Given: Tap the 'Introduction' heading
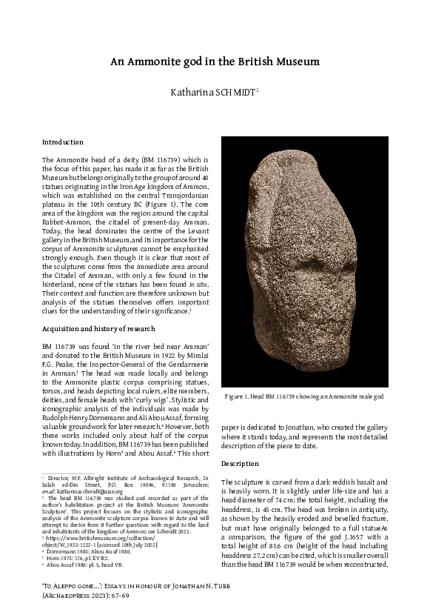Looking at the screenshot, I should tap(63, 142).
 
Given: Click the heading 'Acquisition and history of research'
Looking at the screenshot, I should tap(98, 327).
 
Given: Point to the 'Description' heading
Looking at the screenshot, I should tap(240, 463).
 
